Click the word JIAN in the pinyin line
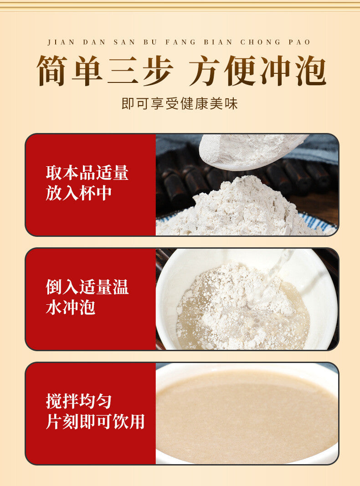61,42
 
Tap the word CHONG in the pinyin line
260,42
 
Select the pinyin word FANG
180,42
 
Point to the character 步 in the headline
158,71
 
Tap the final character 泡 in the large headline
311,71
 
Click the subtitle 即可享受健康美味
180,103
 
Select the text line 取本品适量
87,173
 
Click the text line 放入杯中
79,193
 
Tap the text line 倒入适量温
87,287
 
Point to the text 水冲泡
70,307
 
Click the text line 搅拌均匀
79,401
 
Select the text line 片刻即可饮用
96,422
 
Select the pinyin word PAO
299,42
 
